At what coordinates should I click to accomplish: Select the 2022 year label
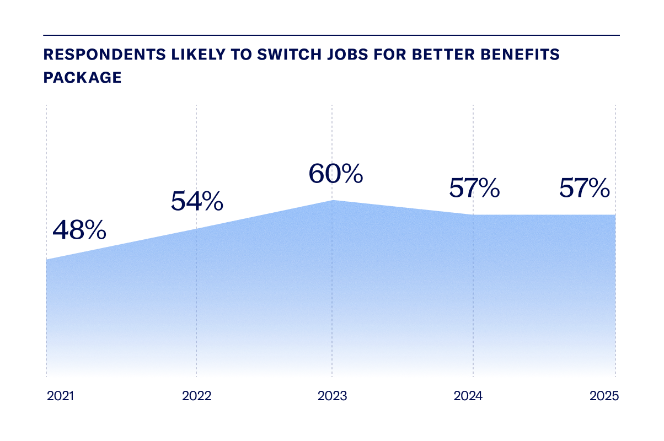coord(196,396)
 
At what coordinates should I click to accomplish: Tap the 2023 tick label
coord(332,396)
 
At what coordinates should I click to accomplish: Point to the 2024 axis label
coord(468,396)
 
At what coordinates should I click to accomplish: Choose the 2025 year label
coord(604,396)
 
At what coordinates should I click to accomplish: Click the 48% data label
coord(79,230)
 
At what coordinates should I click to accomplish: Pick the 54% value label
coord(197,201)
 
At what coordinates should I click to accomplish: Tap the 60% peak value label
coord(335,174)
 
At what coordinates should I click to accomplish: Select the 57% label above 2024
coord(474,189)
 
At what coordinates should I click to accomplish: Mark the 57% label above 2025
coord(584,189)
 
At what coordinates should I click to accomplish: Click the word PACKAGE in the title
coord(82,77)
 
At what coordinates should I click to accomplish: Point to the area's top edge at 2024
coord(473,215)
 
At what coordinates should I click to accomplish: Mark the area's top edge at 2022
coord(196,229)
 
